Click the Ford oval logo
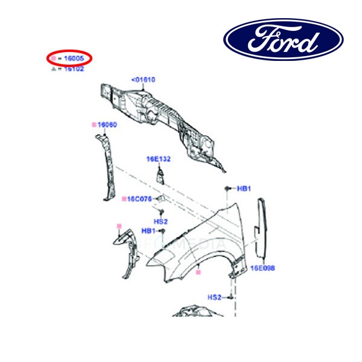[284, 39]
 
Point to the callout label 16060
[107, 125]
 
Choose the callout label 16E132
[158, 159]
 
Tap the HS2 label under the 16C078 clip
[160, 221]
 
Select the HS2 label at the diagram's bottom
[215, 297]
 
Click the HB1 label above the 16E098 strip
[244, 189]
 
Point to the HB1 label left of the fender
[148, 231]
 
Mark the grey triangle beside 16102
[53, 69]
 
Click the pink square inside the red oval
[53, 59]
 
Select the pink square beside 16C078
[123, 198]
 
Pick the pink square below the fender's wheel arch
[197, 273]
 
